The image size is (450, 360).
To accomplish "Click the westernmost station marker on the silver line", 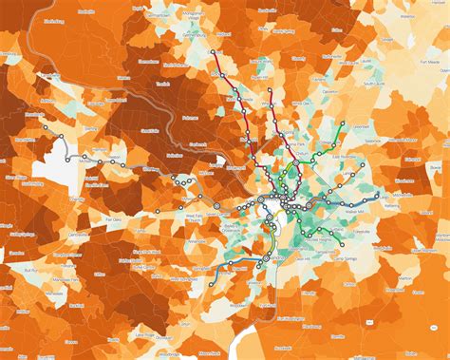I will (64, 137).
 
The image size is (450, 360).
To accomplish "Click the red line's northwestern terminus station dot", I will (213, 52).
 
